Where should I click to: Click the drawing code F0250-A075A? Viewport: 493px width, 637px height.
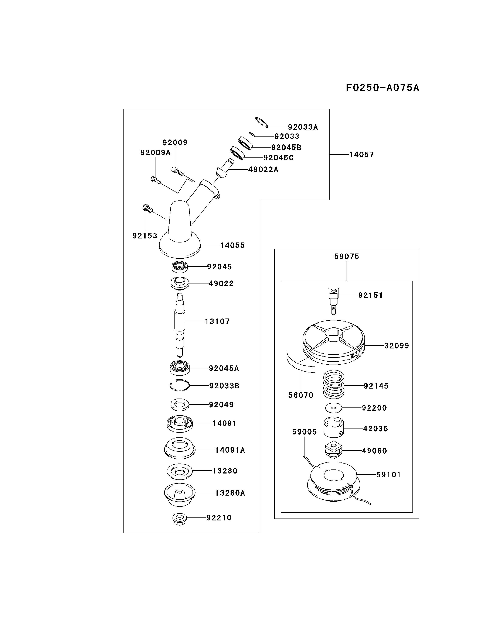point(382,87)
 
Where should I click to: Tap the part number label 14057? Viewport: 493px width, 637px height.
point(361,155)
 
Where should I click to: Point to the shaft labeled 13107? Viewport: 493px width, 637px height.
point(180,324)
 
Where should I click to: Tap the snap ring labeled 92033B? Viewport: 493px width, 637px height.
point(180,386)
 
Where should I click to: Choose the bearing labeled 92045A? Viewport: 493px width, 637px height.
point(180,368)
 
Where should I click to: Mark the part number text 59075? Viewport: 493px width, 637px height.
point(346,257)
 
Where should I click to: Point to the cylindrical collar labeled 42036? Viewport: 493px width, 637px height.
point(334,428)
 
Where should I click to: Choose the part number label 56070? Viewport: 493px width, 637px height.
point(301,395)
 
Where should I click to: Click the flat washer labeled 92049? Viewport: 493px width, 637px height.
point(180,404)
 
